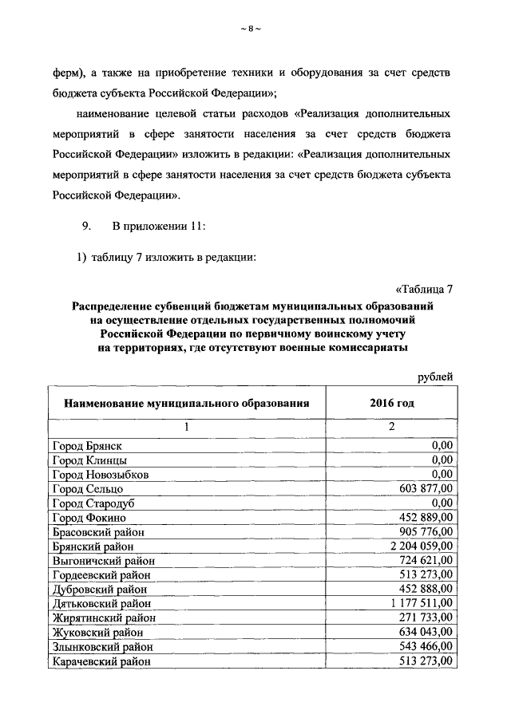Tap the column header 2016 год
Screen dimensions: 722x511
click(x=392, y=403)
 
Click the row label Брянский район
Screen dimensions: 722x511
click(x=92, y=546)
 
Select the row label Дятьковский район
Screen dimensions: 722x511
click(x=101, y=604)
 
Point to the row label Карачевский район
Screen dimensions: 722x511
click(x=101, y=661)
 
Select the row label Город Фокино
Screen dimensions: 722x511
click(x=88, y=518)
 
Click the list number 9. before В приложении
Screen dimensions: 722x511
click(x=89, y=226)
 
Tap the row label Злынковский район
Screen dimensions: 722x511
click(x=102, y=647)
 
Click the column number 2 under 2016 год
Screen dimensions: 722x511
click(x=392, y=427)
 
